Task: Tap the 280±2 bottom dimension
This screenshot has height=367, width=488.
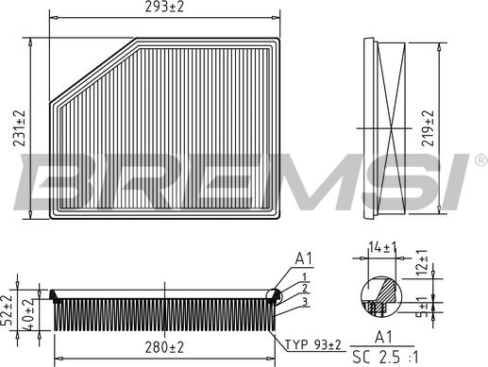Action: (x=164, y=348)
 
